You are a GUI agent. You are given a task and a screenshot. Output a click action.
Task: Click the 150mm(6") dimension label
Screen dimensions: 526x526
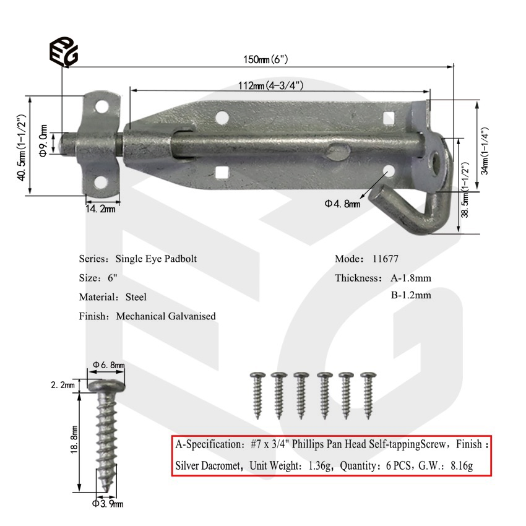pyautogui.click(x=265, y=59)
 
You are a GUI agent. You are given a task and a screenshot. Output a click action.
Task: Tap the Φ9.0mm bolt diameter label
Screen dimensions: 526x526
pyautogui.click(x=44, y=140)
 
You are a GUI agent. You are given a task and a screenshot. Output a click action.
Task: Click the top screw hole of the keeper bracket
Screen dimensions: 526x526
pyautogui.click(x=101, y=106)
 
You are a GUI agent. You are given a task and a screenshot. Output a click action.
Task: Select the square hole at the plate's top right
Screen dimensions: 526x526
pyautogui.click(x=388, y=116)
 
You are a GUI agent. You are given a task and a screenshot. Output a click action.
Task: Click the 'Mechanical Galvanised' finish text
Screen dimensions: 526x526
pyautogui.click(x=166, y=316)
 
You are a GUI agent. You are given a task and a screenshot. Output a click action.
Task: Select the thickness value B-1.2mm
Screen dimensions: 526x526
pyautogui.click(x=410, y=295)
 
